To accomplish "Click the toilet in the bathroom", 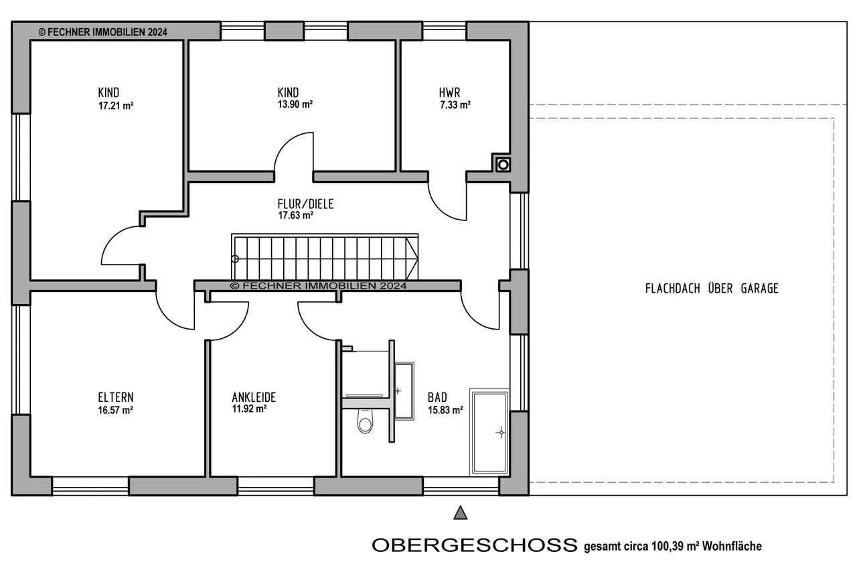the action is click(x=365, y=421).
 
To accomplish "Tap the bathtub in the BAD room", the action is click(x=489, y=432).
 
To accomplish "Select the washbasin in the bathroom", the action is click(x=404, y=391).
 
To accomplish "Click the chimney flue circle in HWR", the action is click(x=503, y=165).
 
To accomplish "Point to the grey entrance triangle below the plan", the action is click(x=460, y=513).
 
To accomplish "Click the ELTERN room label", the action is click(x=116, y=397).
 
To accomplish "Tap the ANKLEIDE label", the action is click(x=254, y=397).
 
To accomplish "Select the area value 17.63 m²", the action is click(x=295, y=216).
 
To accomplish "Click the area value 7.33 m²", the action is click(x=455, y=105).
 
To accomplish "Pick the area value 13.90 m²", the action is click(x=295, y=104).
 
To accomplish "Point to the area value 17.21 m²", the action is click(x=116, y=106).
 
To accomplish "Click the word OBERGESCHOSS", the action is click(x=475, y=545).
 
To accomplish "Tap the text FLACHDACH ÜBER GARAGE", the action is click(x=712, y=288).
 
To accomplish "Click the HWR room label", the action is click(x=449, y=92).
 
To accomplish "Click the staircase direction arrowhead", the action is click(x=412, y=259).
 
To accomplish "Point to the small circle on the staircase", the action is click(x=235, y=259).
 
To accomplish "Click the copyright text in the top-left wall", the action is click(x=103, y=32).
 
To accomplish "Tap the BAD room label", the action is click(x=437, y=397).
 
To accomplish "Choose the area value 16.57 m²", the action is click(x=115, y=410).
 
